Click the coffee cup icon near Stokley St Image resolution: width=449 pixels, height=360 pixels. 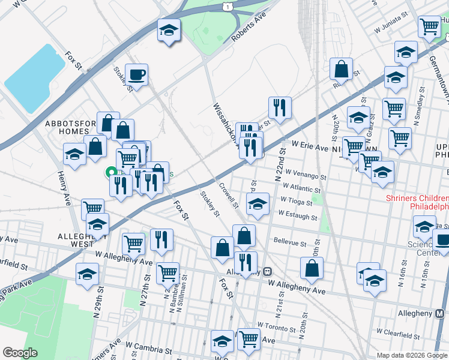pyautogui.click(x=136, y=75)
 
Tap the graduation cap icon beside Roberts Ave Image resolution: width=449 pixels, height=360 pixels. pyautogui.click(x=169, y=30)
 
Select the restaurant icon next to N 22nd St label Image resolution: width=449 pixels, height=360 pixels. pyautogui.click(x=280, y=108)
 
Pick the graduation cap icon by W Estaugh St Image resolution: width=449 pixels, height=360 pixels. pyautogui.click(x=258, y=204)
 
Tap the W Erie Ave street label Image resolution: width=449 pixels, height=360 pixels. pyautogui.click(x=310, y=146)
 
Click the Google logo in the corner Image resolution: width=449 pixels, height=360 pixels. pyautogui.click(x=20, y=352)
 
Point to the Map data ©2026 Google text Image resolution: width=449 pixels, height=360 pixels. pyautogui.click(x=411, y=355)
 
